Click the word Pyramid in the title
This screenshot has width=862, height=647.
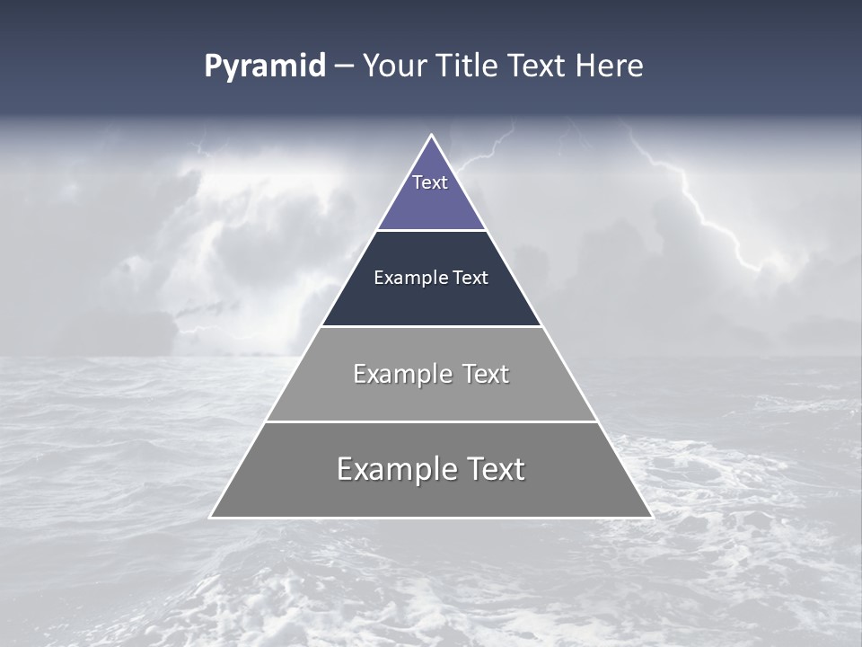(x=265, y=66)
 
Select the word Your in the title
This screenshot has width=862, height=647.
(x=391, y=66)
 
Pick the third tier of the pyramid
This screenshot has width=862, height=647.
(x=431, y=395)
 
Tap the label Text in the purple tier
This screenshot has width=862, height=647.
(x=430, y=182)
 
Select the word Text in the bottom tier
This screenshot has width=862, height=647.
(x=492, y=469)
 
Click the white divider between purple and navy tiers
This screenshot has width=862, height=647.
(x=431, y=231)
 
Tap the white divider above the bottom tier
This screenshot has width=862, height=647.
(x=431, y=421)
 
